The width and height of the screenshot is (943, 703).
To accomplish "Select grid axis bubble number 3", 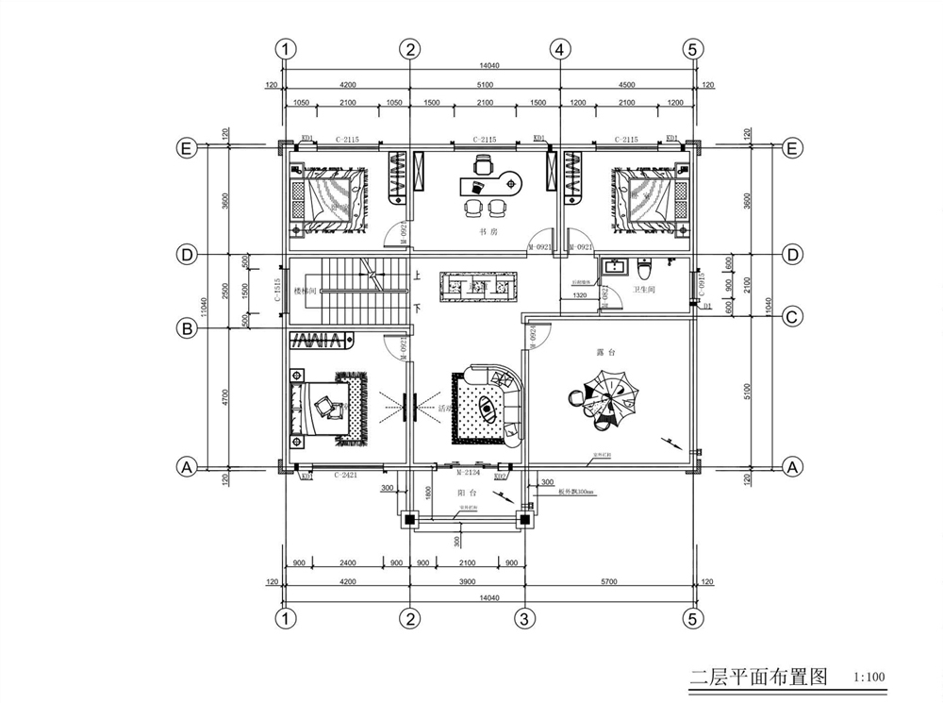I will pyautogui.click(x=524, y=619).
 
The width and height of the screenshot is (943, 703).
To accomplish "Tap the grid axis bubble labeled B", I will pyautogui.click(x=188, y=328).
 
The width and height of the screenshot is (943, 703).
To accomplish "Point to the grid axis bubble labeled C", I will pyautogui.click(x=791, y=317).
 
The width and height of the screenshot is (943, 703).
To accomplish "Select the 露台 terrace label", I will pyautogui.click(x=606, y=351).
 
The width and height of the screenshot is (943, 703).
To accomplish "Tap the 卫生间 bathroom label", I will pyautogui.click(x=644, y=291).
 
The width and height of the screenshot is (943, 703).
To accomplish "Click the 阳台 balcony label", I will pyautogui.click(x=467, y=494).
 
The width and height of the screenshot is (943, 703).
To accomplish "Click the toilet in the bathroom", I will pyautogui.click(x=646, y=266).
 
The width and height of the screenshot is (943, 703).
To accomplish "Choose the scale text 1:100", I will pyautogui.click(x=868, y=678).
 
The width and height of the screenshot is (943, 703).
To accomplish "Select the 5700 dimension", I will pyautogui.click(x=609, y=582).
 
